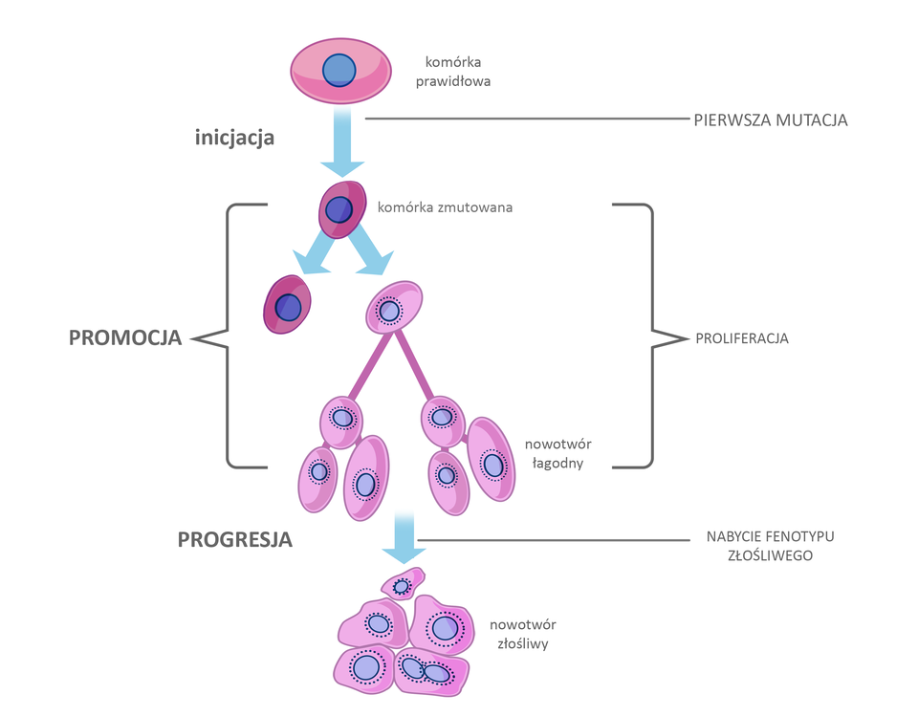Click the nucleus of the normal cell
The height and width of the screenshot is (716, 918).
339,71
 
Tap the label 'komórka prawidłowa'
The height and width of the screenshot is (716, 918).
458,72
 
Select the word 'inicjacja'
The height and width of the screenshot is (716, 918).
234,138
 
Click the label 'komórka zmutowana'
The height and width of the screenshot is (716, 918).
445,206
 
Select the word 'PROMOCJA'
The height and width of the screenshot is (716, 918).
125,337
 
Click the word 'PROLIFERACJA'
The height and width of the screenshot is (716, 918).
742,338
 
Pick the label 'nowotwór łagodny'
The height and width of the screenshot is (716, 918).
554,453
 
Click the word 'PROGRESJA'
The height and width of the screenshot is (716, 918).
234,539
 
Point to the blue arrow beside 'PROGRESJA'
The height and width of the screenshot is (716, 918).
403,541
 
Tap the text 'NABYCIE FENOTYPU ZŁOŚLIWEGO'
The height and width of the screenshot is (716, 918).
763,545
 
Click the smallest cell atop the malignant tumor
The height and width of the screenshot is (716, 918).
403,584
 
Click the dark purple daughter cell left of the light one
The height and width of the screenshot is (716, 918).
288,305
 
